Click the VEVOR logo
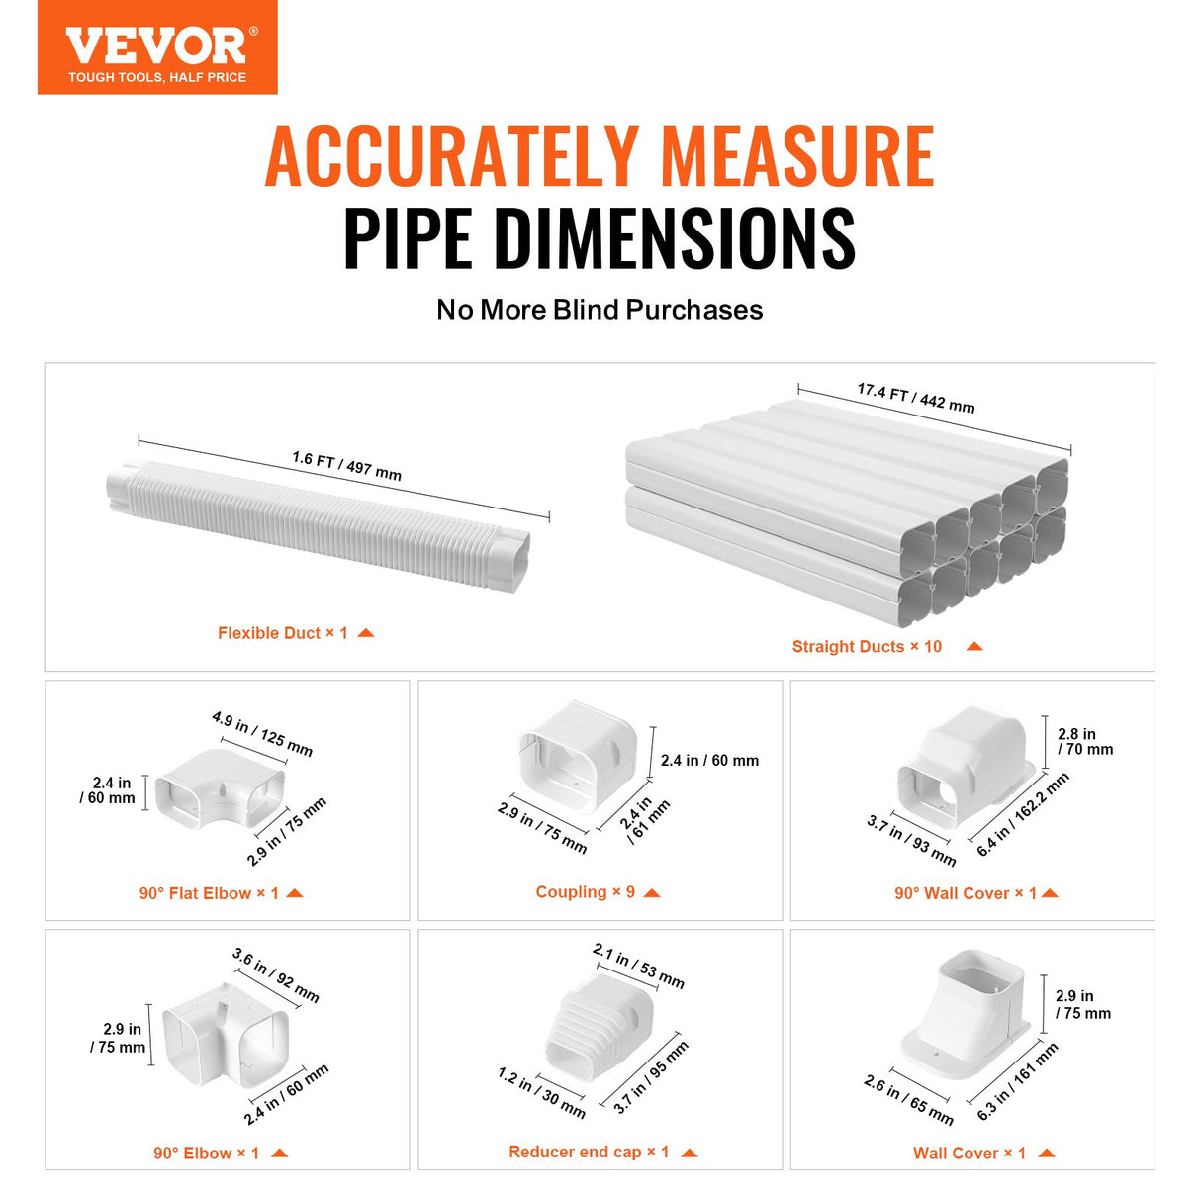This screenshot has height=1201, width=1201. (x=157, y=47)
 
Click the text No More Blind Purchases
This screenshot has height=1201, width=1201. (x=600, y=310)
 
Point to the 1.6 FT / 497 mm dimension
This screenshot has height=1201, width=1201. (x=346, y=466)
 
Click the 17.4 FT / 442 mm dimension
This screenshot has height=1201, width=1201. (x=916, y=398)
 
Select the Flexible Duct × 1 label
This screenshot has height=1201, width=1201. (x=283, y=633)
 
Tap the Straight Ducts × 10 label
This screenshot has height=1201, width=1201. (x=867, y=647)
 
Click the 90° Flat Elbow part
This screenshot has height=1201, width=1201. (x=220, y=790)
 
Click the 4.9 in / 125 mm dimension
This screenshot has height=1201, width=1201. (x=262, y=733)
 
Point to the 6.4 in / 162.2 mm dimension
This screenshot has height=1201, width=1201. (x=1022, y=814)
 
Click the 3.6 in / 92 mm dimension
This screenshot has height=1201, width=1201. (x=276, y=974)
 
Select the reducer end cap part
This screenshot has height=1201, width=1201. (x=598, y=1031)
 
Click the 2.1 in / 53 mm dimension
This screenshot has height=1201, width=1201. (x=638, y=966)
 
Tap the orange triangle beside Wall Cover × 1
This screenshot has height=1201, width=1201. (x=1047, y=1153)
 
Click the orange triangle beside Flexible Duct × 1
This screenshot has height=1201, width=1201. (x=366, y=633)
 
